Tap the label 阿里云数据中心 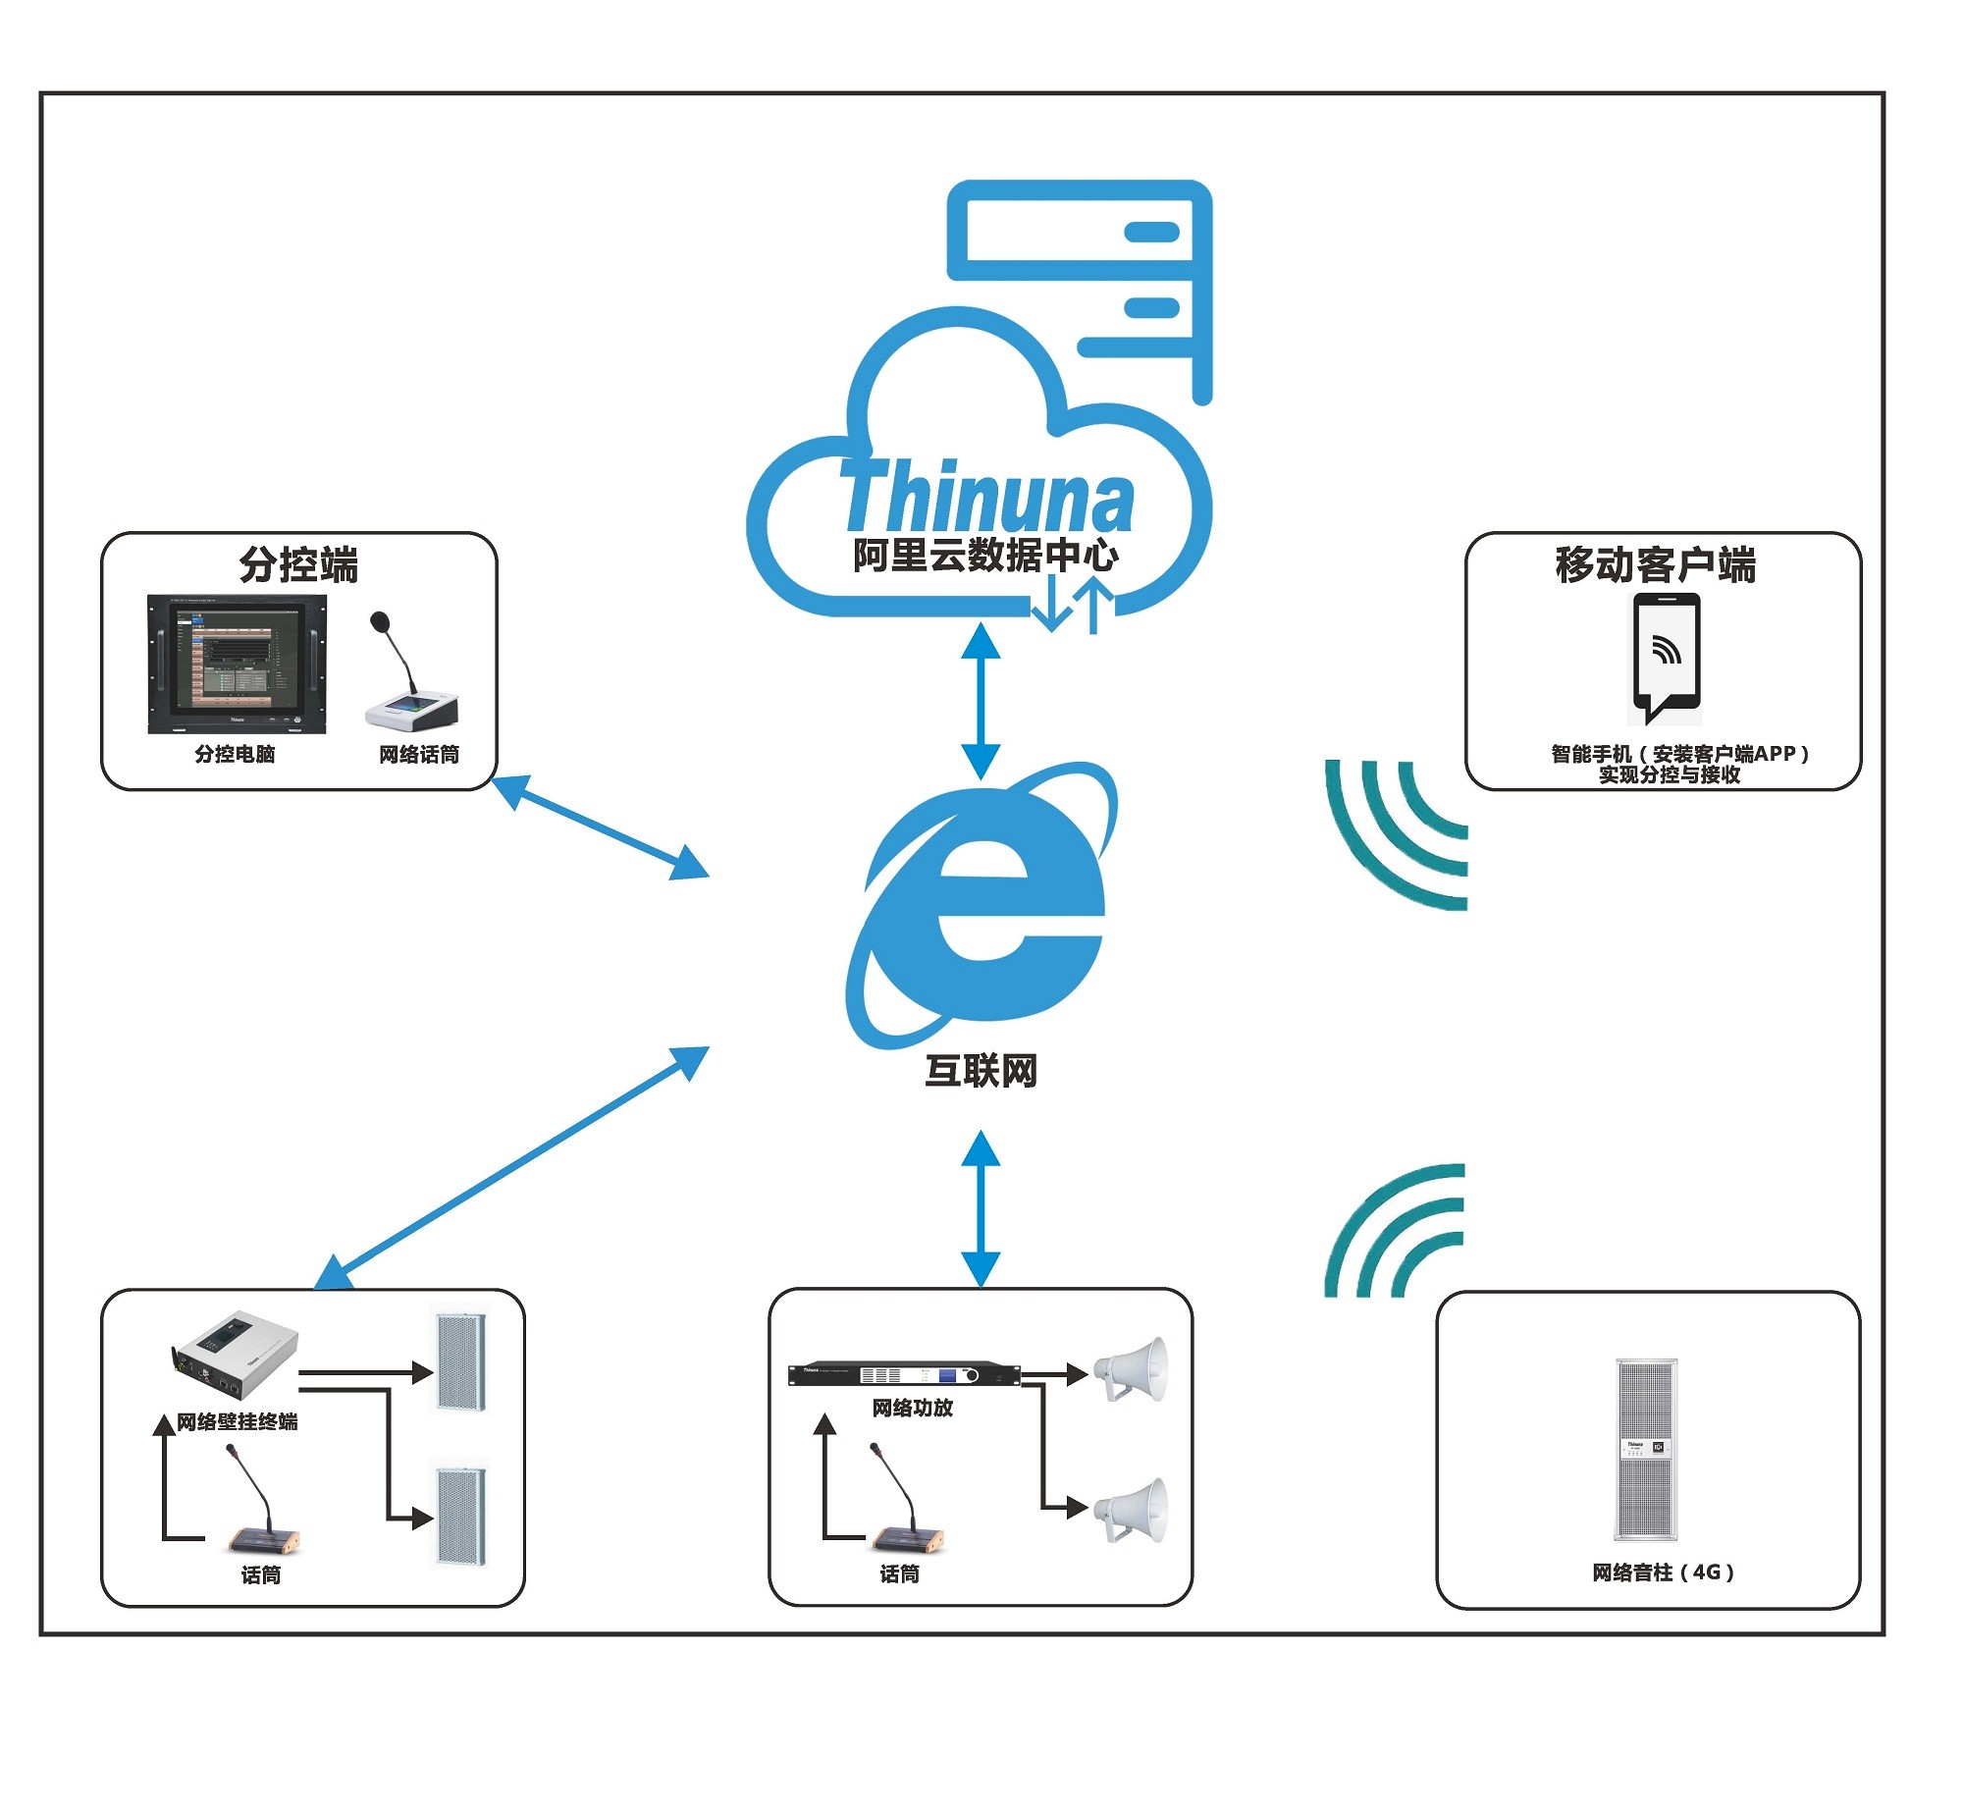pos(984,556)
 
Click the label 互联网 pos(981,1071)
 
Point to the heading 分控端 pos(298,565)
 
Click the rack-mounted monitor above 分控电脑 pos(237,664)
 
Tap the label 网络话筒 pos(419,755)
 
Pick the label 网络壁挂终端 pos(237,1422)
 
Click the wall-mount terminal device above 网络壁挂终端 pos(236,1356)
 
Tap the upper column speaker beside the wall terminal pos(460,1359)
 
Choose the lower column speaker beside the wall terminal pos(460,1518)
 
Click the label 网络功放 pos(912,1409)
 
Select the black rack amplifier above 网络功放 pos(904,1374)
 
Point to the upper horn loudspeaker pos(1133,1367)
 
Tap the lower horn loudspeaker pos(1133,1510)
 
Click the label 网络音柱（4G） pos(1663,1572)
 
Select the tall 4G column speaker pos(1646,1449)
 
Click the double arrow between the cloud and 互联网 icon pos(981,701)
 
